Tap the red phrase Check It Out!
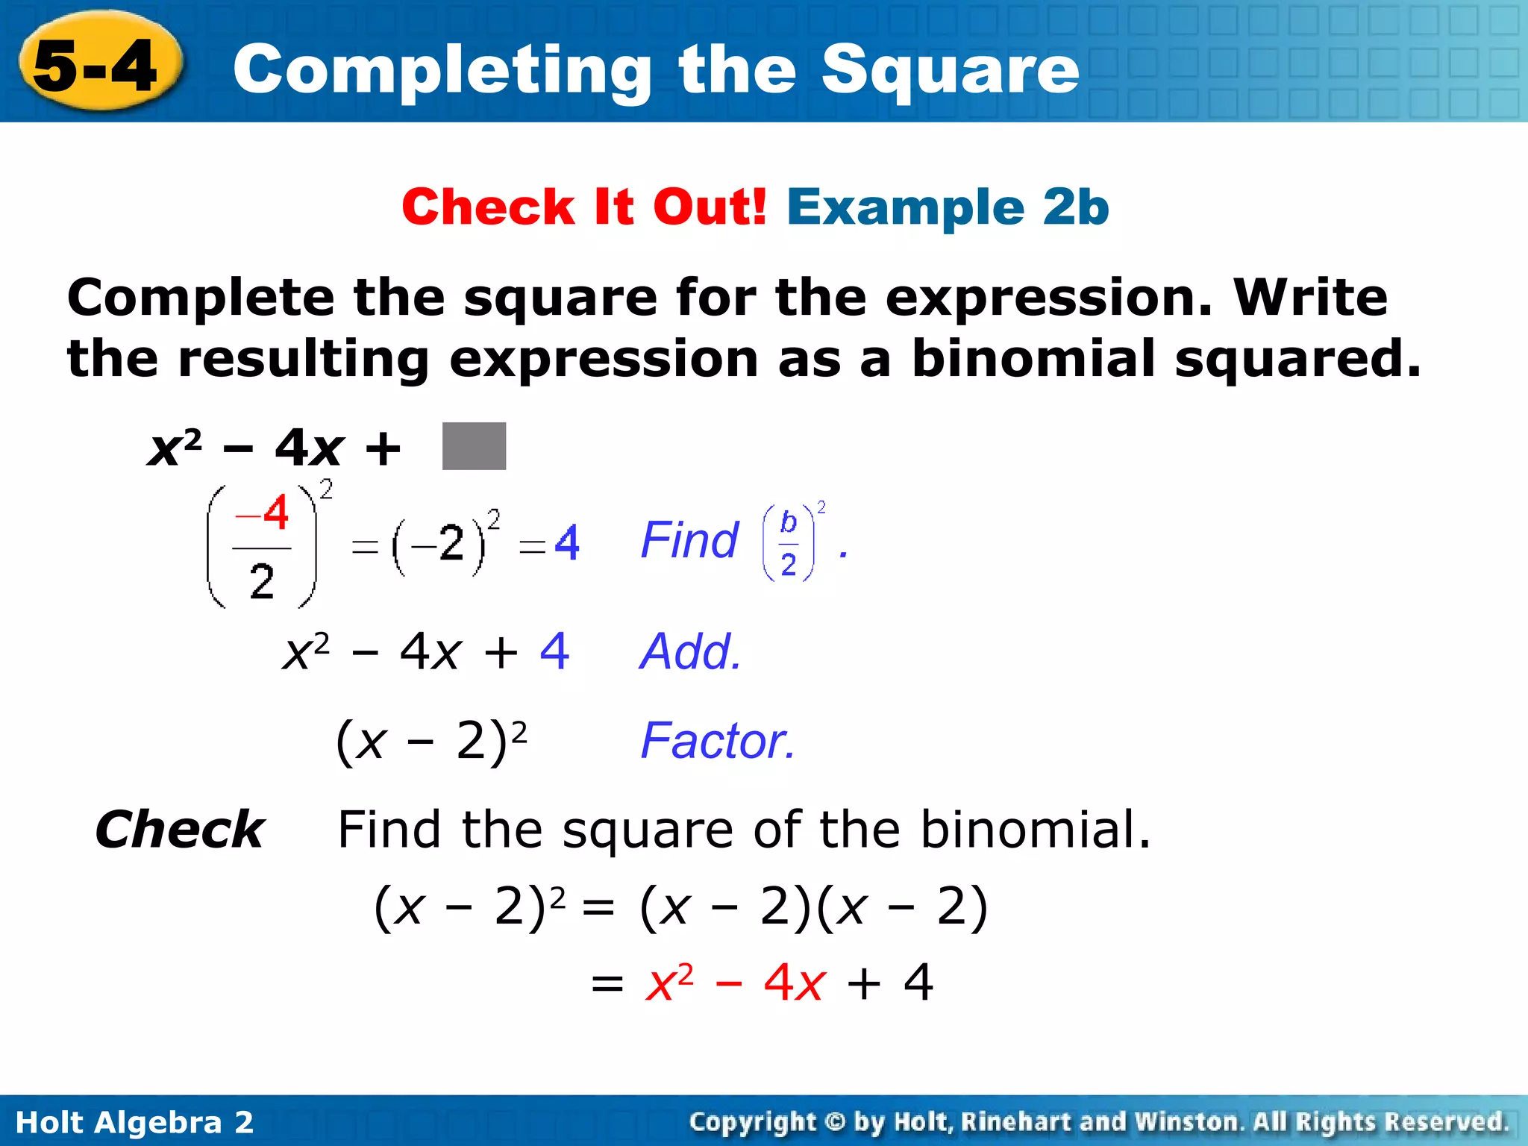pyautogui.click(x=583, y=207)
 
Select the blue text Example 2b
pyautogui.click(x=948, y=207)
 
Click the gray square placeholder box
pyautogui.click(x=474, y=446)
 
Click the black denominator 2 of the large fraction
pyautogui.click(x=262, y=581)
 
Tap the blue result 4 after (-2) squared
pyautogui.click(x=567, y=543)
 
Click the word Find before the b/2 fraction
pyautogui.click(x=689, y=540)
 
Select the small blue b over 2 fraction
pyautogui.click(x=789, y=543)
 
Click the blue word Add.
pyautogui.click(x=690, y=651)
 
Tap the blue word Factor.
pyautogui.click(x=718, y=741)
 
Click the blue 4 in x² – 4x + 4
pyautogui.click(x=554, y=651)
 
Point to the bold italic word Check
pyautogui.click(x=180, y=830)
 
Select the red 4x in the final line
pyautogui.click(x=794, y=982)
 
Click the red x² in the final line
pyautogui.click(x=669, y=982)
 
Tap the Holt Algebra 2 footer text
pyautogui.click(x=134, y=1122)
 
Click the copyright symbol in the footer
pyautogui.click(x=836, y=1122)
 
